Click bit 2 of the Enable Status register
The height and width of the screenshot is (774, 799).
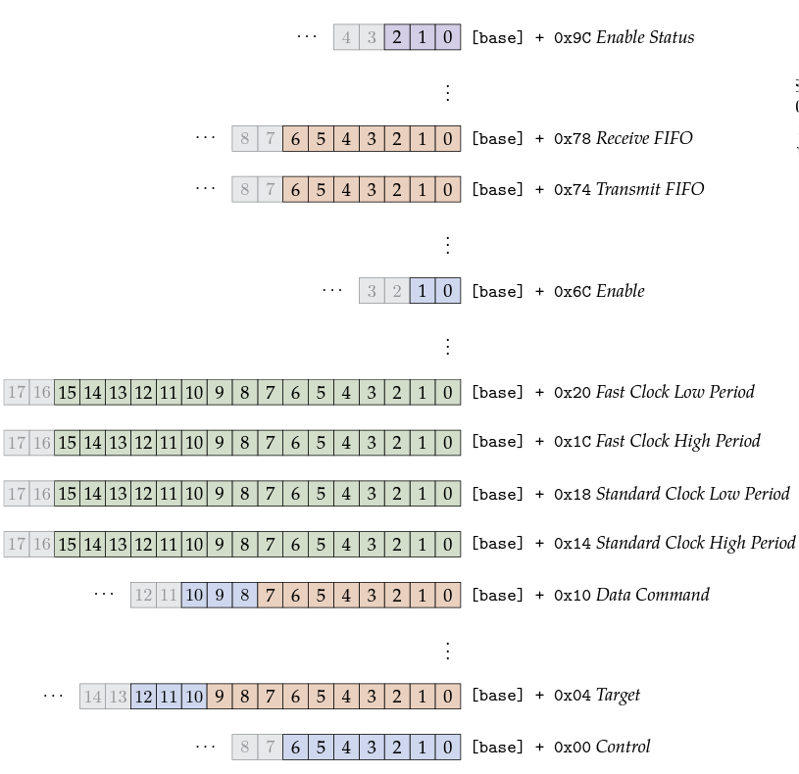[397, 37]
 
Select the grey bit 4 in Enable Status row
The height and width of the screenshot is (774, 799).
[346, 37]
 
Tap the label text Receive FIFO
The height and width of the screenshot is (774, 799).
[643, 138]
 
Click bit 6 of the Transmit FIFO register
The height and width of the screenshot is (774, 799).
[295, 189]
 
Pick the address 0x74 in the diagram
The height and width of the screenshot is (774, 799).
[573, 189]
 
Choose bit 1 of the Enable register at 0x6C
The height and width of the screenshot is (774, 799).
[423, 291]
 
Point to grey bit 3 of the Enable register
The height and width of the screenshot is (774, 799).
[372, 291]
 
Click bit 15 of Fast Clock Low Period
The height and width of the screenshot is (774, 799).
[67, 393]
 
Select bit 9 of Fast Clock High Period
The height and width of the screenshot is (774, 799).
[219, 442]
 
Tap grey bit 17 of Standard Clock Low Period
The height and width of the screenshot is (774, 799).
[16, 494]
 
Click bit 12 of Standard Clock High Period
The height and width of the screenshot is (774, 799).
[143, 543]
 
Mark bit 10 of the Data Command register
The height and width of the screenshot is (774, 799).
[193, 595]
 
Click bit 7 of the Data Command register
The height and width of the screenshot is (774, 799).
[270, 595]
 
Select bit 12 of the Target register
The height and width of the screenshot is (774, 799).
[143, 696]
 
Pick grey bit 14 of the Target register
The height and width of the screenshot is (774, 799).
[92, 696]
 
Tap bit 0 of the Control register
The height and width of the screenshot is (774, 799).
[448, 748]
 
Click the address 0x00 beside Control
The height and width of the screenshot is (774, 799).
[573, 748]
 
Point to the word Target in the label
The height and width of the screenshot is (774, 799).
[618, 696]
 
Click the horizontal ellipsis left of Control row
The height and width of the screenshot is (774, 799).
[205, 747]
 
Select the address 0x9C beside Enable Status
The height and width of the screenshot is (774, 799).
[573, 38]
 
